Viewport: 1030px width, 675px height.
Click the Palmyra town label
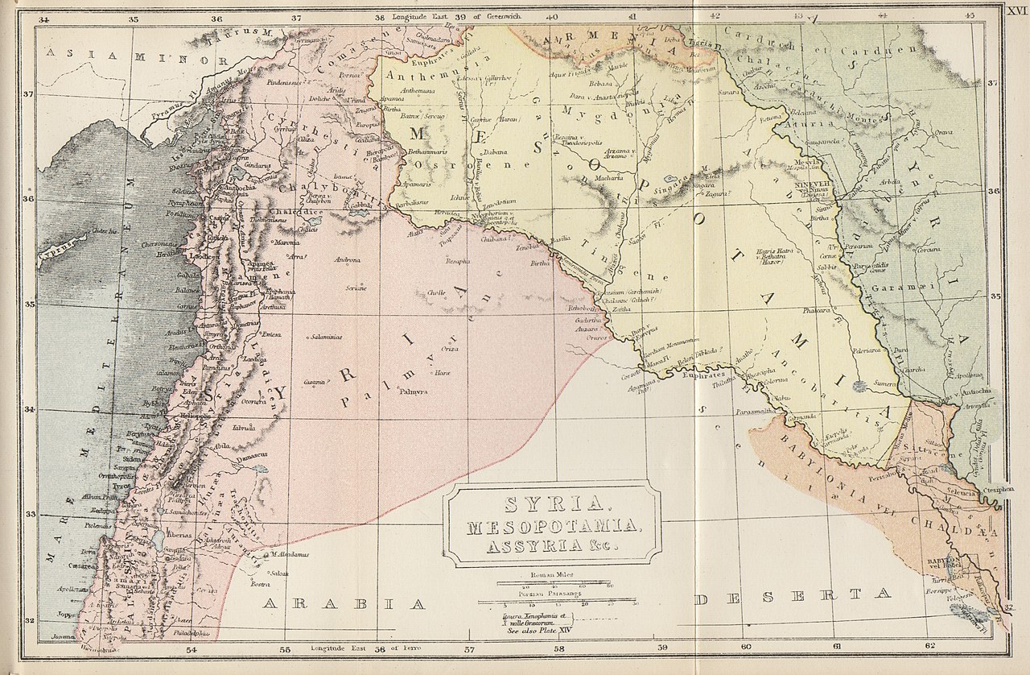[x=413, y=392]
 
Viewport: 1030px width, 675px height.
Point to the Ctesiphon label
[x=1005, y=489]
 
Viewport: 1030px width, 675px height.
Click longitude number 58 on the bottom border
[x=559, y=647]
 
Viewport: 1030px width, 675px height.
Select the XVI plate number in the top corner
[x=1016, y=10]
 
